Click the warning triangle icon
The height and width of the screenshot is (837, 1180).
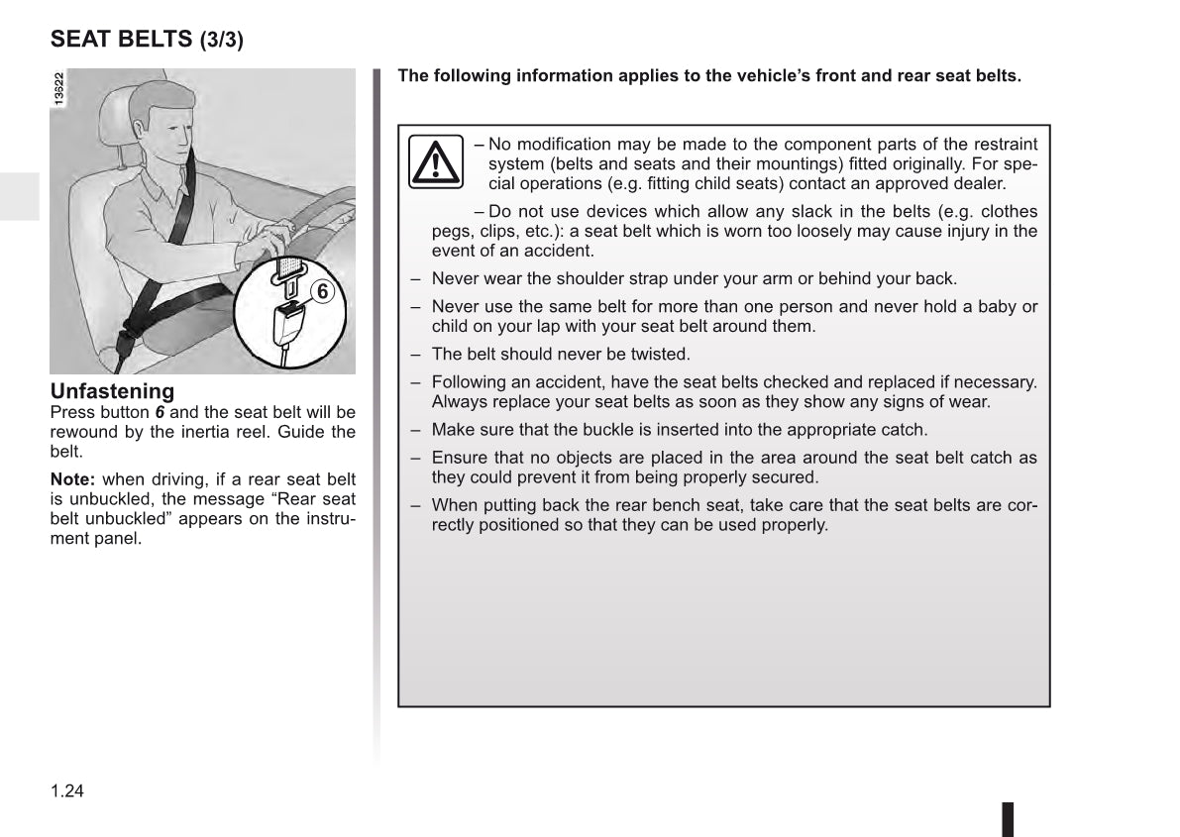(x=436, y=161)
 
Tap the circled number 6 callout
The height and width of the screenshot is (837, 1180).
(x=322, y=290)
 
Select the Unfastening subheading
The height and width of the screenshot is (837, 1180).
(x=112, y=391)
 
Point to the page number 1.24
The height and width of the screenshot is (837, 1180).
(x=67, y=790)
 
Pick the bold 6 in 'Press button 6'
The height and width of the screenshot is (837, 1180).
(x=160, y=412)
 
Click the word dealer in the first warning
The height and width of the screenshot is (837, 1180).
(x=982, y=183)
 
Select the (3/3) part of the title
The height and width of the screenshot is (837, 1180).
(x=222, y=41)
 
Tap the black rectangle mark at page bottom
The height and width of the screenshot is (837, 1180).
(x=1008, y=819)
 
